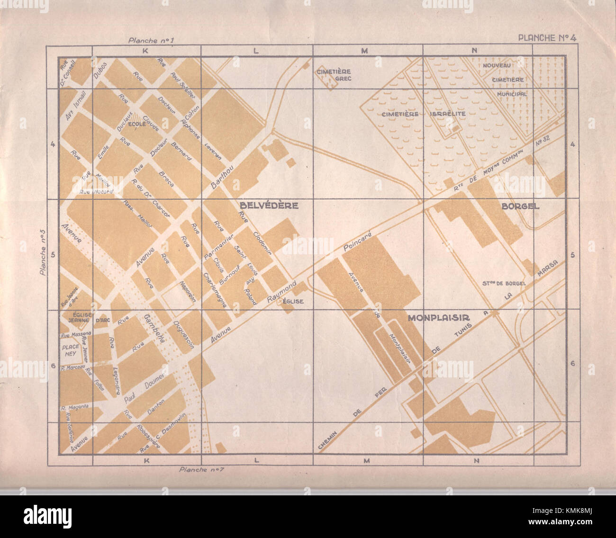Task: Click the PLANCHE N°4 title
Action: (x=547, y=38)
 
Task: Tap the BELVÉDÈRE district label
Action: (x=269, y=206)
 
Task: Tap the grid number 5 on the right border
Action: (x=573, y=255)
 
